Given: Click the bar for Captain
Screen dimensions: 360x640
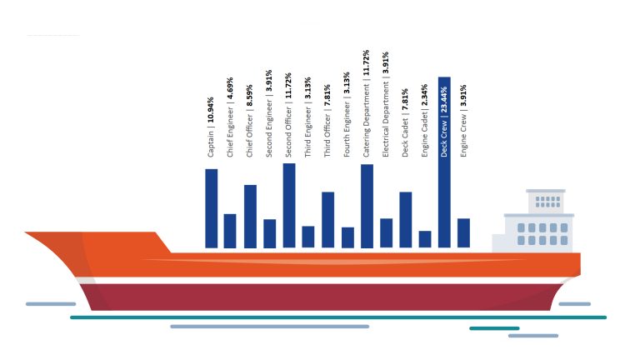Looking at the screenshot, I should click(212, 208).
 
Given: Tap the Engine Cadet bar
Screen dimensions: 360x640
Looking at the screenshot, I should click(425, 239).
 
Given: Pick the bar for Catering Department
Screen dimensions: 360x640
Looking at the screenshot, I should click(367, 206).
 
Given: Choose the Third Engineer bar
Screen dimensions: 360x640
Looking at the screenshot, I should click(308, 237).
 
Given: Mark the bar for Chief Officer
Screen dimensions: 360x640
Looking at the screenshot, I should click(250, 216).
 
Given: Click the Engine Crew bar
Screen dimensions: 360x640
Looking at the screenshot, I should click(463, 232).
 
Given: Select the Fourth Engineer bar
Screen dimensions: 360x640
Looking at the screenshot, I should click(347, 237).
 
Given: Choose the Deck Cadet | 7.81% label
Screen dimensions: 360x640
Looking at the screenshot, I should click(406, 123).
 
